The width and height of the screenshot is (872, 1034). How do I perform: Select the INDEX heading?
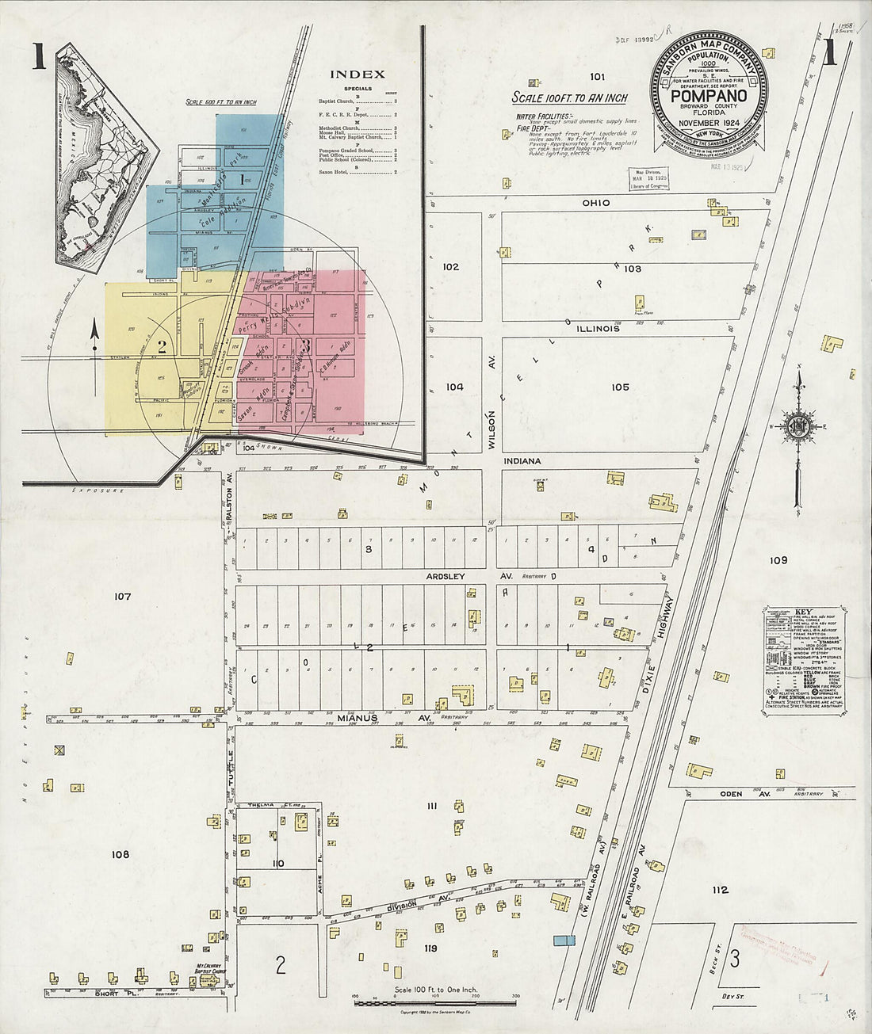click(357, 74)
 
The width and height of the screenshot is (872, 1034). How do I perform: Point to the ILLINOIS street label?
click(597, 329)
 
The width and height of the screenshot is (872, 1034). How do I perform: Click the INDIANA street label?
click(520, 460)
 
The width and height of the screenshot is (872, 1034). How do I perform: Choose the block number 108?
click(120, 854)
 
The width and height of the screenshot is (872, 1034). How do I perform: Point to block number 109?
click(778, 560)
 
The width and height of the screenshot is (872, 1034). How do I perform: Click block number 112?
click(720, 890)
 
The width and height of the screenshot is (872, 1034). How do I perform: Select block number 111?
click(432, 806)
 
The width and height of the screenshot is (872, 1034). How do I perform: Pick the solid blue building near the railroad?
click(564, 940)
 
